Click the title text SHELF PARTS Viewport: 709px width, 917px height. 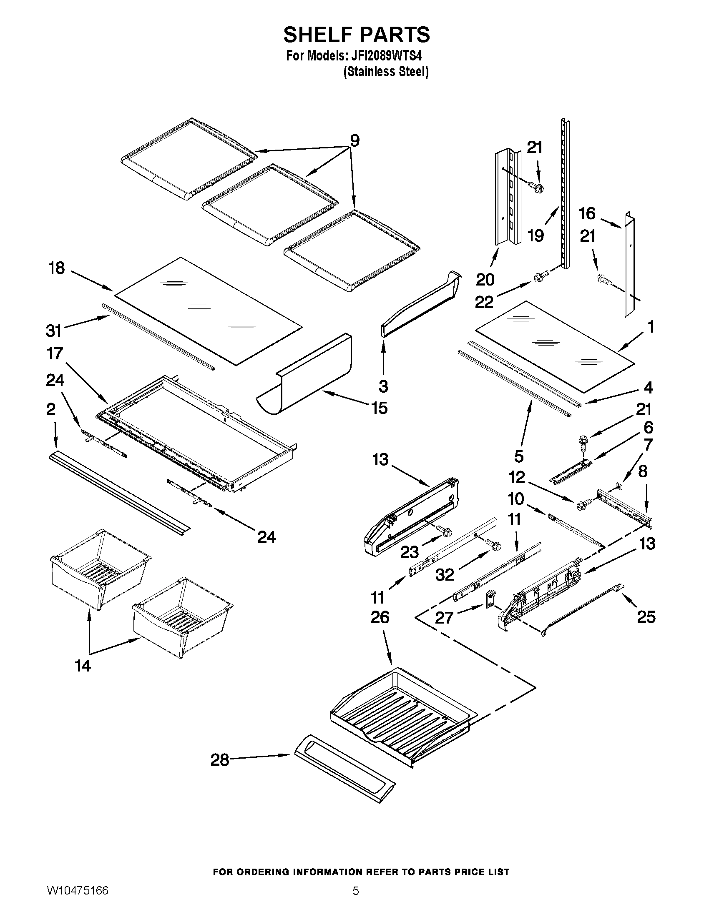click(x=356, y=35)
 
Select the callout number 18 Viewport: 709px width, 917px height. click(x=57, y=268)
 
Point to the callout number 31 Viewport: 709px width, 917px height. click(x=54, y=331)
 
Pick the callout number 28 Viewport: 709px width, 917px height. click(x=220, y=759)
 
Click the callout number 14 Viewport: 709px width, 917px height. click(x=83, y=666)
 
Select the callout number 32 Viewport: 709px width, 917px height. click(x=445, y=575)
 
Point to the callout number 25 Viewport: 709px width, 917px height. click(x=646, y=617)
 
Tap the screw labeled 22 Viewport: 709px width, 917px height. click(x=538, y=278)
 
